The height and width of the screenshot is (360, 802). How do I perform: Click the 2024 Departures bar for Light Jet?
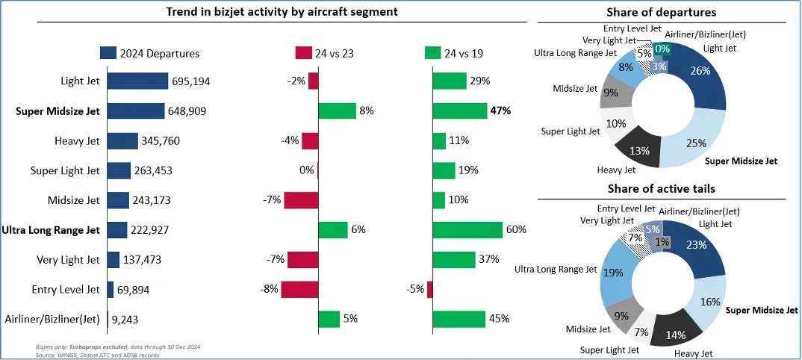pos(137,81)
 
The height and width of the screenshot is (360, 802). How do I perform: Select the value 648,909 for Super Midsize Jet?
pos(187,111)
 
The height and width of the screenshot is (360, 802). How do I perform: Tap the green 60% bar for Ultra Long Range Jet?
pos(467,230)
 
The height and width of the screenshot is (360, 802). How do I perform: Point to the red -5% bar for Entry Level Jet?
pos(430,290)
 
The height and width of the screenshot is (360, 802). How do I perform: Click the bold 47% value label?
pos(500,111)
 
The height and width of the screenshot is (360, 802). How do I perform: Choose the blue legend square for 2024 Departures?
pos(108,53)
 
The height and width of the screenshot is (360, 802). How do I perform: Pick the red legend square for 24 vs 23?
pos(303,53)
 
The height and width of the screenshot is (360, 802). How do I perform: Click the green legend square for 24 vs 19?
pos(432,53)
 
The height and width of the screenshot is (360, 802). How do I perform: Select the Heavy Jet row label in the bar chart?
pos(77,140)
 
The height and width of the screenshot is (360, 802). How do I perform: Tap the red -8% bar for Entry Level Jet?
pos(299,290)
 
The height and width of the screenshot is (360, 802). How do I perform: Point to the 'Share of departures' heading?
pos(662,12)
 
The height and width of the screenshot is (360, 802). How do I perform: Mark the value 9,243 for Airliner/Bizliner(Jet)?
pos(125,319)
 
